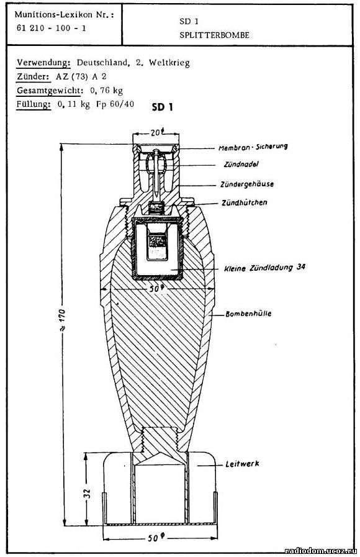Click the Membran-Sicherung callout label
pyautogui.click(x=253, y=147)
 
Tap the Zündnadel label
pyautogui.click(x=241, y=165)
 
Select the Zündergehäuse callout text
pyautogui.click(x=247, y=184)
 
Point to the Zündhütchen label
pyautogui.click(x=245, y=202)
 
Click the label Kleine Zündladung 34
pyautogui.click(x=264, y=268)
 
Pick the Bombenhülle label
pyautogui.click(x=248, y=314)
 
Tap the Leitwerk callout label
pyautogui.click(x=242, y=464)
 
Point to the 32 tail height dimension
pyautogui.click(x=87, y=493)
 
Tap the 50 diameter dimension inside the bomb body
pyautogui.click(x=156, y=289)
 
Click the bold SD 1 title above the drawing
pyautogui.click(x=163, y=107)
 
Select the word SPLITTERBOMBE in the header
pyautogui.click(x=214, y=35)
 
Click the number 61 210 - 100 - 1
pyautogui.click(x=51, y=28)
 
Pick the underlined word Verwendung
pyautogui.click(x=44, y=63)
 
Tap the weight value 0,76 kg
pyautogui.click(x=107, y=90)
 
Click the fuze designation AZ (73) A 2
pyautogui.click(x=81, y=76)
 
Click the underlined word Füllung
pyautogui.click(x=34, y=104)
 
